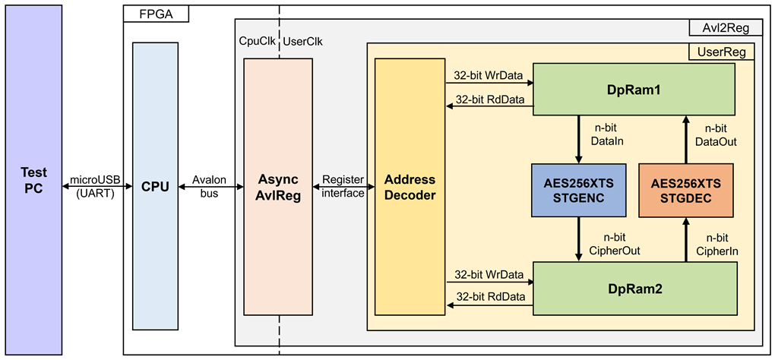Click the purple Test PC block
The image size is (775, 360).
pos(33,180)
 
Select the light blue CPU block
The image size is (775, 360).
pos(155,186)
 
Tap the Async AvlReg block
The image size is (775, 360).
pos(278,187)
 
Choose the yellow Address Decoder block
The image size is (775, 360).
pos(410,187)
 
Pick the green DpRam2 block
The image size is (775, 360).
pos(634,289)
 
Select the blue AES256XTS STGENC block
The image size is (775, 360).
pos(579,190)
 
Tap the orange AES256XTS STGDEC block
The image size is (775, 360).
pos(686,190)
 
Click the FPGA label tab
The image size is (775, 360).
pos(156,14)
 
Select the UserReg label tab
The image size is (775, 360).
pos(721,52)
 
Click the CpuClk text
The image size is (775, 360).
pos(257,42)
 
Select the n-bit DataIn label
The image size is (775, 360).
pos(607,135)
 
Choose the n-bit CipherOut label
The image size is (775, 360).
pos(615,244)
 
